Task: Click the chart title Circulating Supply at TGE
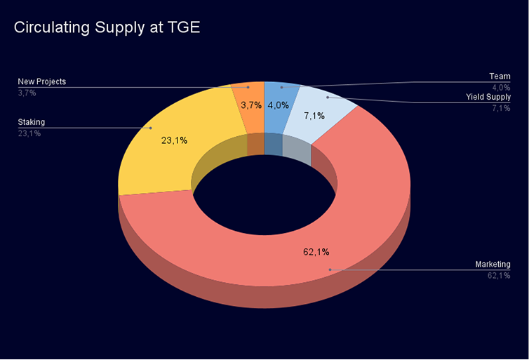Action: (107, 28)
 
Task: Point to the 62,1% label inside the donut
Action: (315, 252)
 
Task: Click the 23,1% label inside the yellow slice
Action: (174, 140)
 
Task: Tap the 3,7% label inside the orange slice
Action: (251, 105)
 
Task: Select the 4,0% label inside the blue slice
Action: (278, 105)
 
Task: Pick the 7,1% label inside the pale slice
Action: (314, 116)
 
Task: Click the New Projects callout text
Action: (42, 82)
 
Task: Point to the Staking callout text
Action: (31, 122)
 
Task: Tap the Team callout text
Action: (500, 76)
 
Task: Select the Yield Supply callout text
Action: (488, 97)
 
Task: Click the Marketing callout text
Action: (493, 265)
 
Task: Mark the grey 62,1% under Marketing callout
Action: (499, 276)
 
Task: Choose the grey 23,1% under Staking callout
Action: (29, 133)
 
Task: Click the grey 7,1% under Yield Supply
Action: (501, 108)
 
